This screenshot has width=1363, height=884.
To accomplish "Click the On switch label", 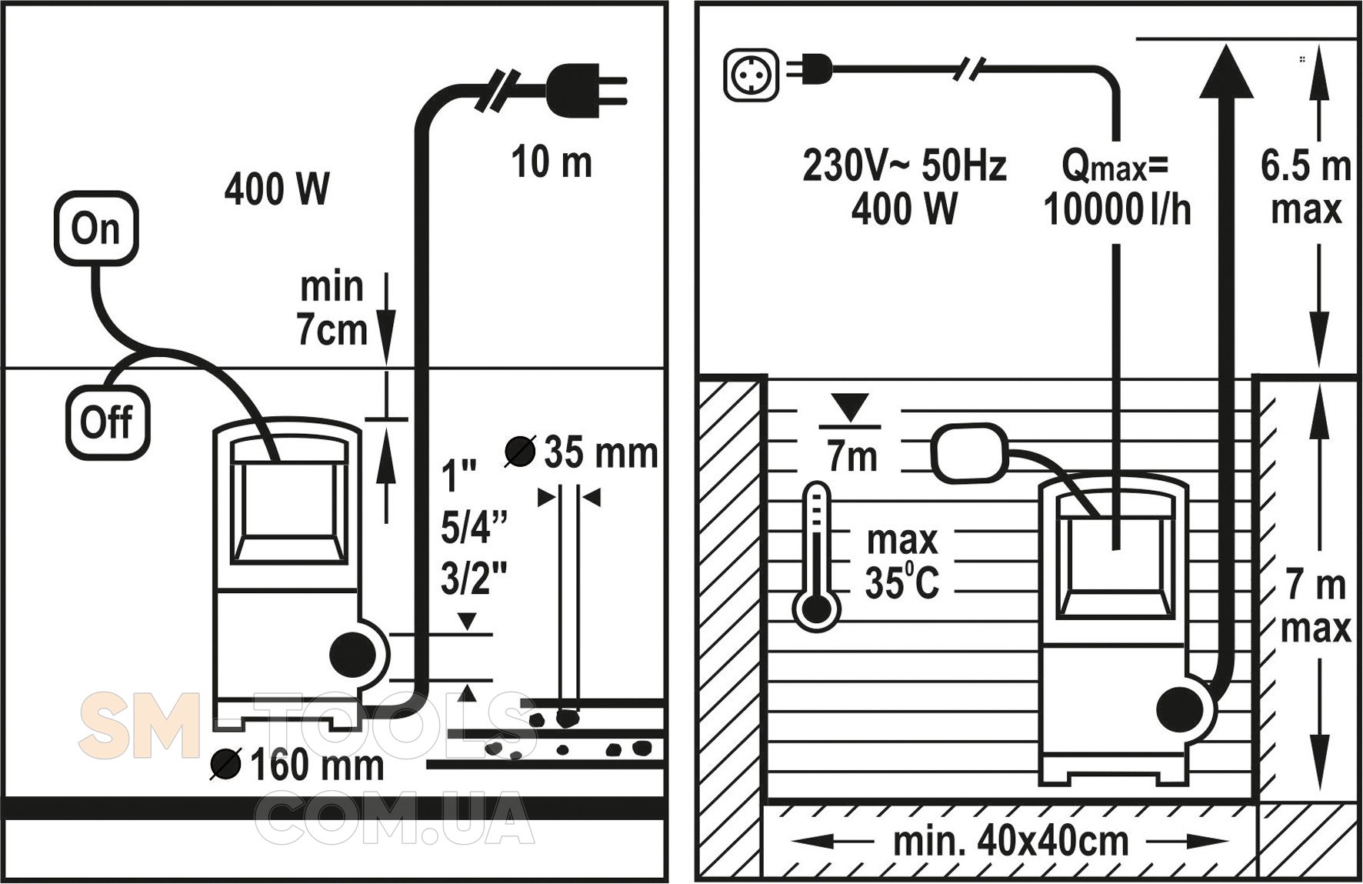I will (96, 229).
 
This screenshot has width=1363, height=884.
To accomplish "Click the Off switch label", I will (107, 422).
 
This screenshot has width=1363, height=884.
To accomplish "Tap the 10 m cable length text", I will (552, 163).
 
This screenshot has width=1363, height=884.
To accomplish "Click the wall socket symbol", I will (752, 75).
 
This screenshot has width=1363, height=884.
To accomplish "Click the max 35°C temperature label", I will (902, 562).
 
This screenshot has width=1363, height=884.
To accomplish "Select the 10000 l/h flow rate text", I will (1117, 209).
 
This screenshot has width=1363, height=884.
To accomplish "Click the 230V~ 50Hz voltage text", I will (904, 165).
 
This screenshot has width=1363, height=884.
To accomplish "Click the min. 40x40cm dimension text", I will (1011, 841).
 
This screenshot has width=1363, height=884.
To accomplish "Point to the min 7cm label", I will (332, 309).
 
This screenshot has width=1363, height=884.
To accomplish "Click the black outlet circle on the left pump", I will (352, 655).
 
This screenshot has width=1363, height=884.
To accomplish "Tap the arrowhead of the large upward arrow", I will (1227, 73).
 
